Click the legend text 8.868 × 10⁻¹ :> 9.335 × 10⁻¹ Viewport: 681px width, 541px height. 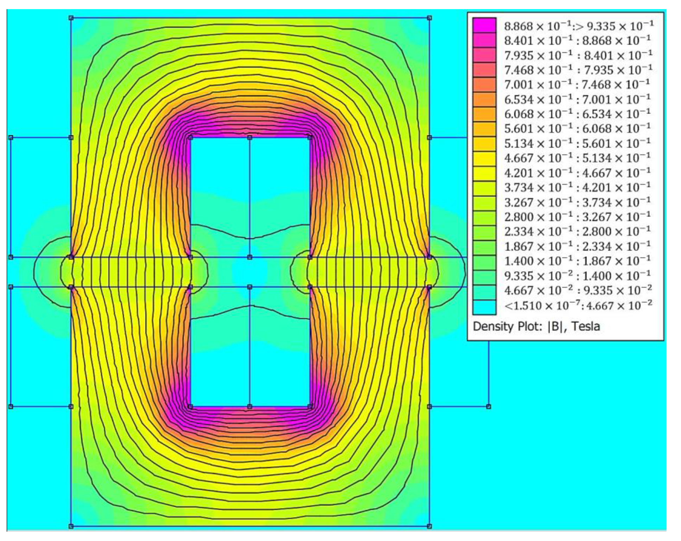coord(579,26)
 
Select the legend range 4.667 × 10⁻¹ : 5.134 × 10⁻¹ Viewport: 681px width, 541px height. coord(577,158)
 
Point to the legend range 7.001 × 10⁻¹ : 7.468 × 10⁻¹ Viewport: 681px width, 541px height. coord(577,85)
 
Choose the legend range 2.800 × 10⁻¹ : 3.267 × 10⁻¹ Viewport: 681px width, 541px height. coord(577,217)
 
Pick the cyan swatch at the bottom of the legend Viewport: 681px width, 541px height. coord(484,307)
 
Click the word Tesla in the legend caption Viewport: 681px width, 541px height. coord(585,326)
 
